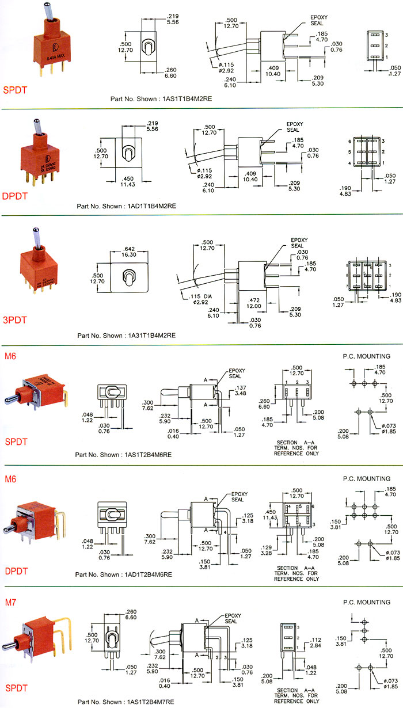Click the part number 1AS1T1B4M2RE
[179, 98]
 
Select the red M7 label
[10, 603]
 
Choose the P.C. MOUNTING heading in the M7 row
[366, 602]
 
